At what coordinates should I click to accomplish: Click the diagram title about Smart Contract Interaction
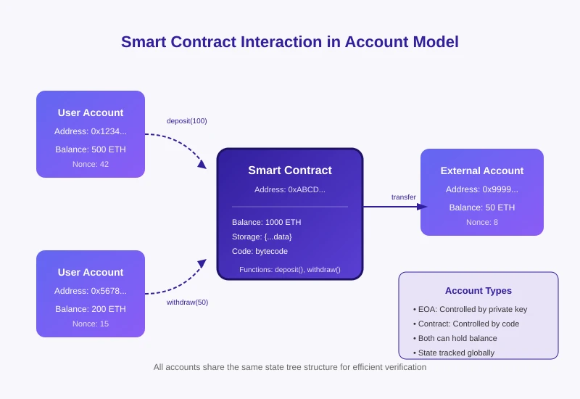tap(290, 42)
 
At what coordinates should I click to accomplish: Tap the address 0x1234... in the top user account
tap(91, 131)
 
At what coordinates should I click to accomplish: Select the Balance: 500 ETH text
tap(91, 149)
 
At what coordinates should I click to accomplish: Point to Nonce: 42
tap(91, 164)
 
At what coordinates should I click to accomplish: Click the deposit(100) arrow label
tap(186, 120)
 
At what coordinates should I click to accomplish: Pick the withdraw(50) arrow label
tap(187, 302)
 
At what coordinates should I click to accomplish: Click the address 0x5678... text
tap(91, 291)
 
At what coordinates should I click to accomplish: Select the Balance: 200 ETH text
tap(91, 309)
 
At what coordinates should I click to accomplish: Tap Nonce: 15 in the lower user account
tap(91, 324)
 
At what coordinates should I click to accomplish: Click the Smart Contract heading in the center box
tap(290, 170)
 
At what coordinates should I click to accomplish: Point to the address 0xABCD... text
tap(290, 189)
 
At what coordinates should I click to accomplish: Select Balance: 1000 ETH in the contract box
tap(266, 222)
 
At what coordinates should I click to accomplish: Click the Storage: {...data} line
tap(262, 236)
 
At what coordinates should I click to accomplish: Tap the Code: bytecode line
tap(260, 251)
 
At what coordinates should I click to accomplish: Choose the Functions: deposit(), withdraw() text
tap(290, 270)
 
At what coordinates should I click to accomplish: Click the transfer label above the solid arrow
tap(404, 197)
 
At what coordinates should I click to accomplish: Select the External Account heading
tap(482, 171)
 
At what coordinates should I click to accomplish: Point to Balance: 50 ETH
tap(482, 207)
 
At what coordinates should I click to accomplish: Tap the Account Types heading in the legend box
tap(478, 291)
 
